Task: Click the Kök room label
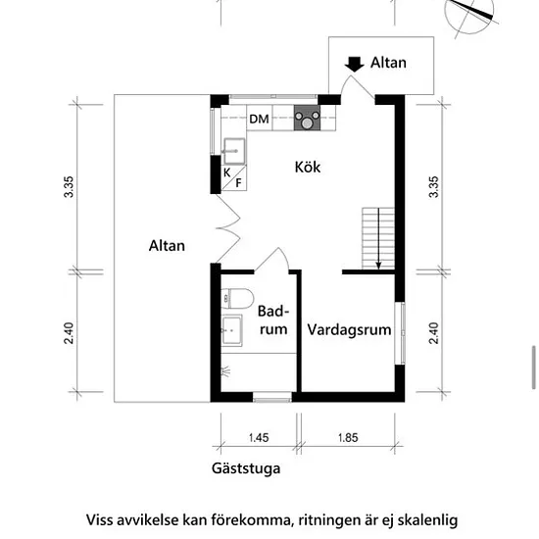coord(308,167)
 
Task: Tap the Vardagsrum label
coord(349,329)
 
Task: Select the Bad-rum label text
coord(273,320)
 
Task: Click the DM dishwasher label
coord(259,119)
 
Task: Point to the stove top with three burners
coord(307,118)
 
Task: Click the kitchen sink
coord(234,151)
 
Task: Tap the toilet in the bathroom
coord(237,298)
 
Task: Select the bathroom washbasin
coord(231,330)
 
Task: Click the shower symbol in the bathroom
coord(225,371)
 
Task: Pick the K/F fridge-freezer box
coord(234,178)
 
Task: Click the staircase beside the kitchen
coord(378,238)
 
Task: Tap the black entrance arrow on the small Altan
coord(354,65)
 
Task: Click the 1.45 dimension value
coord(259,438)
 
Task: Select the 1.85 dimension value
coord(348,438)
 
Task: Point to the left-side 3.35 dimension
coord(69,186)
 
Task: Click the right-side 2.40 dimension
coord(434,333)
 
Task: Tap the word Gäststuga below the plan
coord(246,468)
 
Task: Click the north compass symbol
coord(470,16)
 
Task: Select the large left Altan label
coord(167,246)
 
